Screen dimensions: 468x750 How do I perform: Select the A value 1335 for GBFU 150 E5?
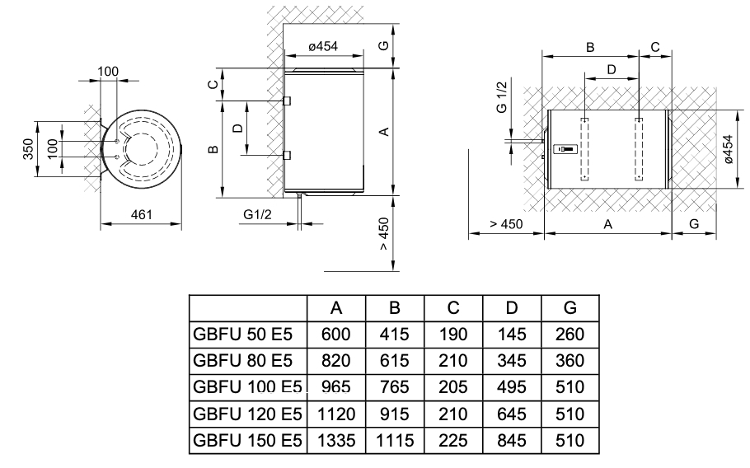pos(336,441)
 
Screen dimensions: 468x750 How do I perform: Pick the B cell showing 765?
pos(394,387)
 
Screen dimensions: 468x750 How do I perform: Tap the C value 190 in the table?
pos(453,335)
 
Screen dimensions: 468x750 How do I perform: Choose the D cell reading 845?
pos(512,441)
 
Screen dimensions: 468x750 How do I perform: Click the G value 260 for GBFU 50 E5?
pos(570,335)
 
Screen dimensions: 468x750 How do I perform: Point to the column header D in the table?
pos(512,308)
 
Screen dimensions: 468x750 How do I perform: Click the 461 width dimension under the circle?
pos(143,215)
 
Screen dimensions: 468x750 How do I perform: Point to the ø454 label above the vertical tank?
pos(323,48)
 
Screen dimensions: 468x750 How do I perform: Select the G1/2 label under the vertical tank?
pos(258,214)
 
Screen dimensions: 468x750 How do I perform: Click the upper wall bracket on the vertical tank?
pos(287,101)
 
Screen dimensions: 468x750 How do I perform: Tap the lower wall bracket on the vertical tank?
pos(287,154)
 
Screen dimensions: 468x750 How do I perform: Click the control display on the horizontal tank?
pos(566,149)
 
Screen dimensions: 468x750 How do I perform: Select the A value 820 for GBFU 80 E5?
pos(336,361)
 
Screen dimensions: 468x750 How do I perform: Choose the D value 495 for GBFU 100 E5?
pos(512,387)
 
